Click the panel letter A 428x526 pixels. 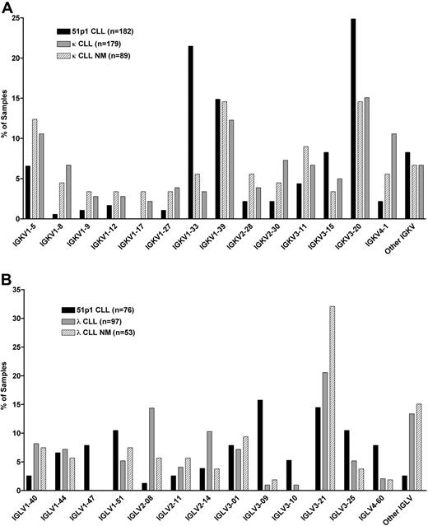(x=7, y=7)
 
